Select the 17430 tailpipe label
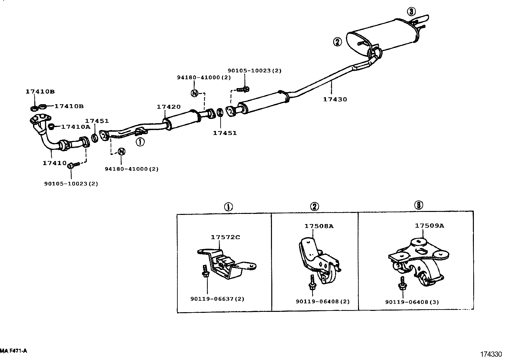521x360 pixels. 335,99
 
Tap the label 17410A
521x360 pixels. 75,127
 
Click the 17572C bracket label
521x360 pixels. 225,237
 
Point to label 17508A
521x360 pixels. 319,226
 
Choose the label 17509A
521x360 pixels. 429,226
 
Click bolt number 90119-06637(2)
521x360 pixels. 217,299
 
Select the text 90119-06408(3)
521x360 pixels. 412,302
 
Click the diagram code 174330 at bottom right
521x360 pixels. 491,354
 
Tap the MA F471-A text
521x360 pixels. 14,351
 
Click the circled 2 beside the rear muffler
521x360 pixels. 337,42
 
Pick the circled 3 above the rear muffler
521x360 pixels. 411,12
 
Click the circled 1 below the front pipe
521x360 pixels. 140,142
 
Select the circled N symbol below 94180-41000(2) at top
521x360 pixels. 194,93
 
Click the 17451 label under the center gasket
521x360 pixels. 225,133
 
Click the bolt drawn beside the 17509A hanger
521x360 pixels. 402,284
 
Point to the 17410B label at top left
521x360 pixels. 40,92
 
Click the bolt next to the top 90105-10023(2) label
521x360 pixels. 243,89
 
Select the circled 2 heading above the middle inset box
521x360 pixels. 314,206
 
